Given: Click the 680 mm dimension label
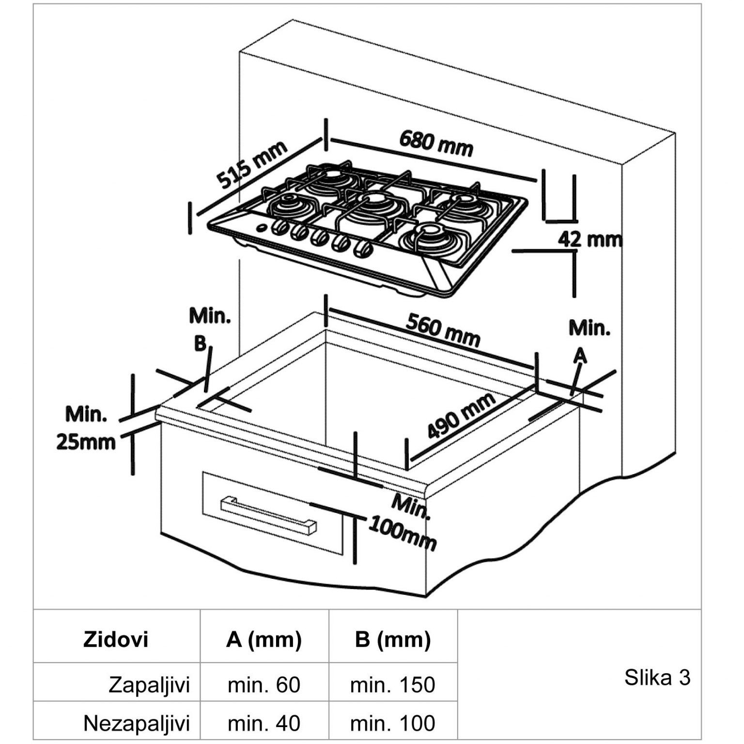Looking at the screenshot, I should pos(436,143).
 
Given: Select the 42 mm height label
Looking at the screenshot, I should pos(590,239).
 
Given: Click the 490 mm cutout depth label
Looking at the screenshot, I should pos(461,415).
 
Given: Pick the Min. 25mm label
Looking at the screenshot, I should pos(86,429).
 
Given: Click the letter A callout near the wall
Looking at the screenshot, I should pos(580,356).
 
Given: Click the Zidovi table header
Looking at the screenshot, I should pos(116,639).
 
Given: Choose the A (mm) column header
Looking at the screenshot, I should pos(264,639).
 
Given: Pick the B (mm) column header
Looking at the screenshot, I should pos(392,639).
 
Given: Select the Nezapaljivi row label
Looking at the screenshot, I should pos(137,723).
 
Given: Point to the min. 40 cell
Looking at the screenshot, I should pos(264,723).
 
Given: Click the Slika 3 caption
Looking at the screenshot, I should pos(657,677).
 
